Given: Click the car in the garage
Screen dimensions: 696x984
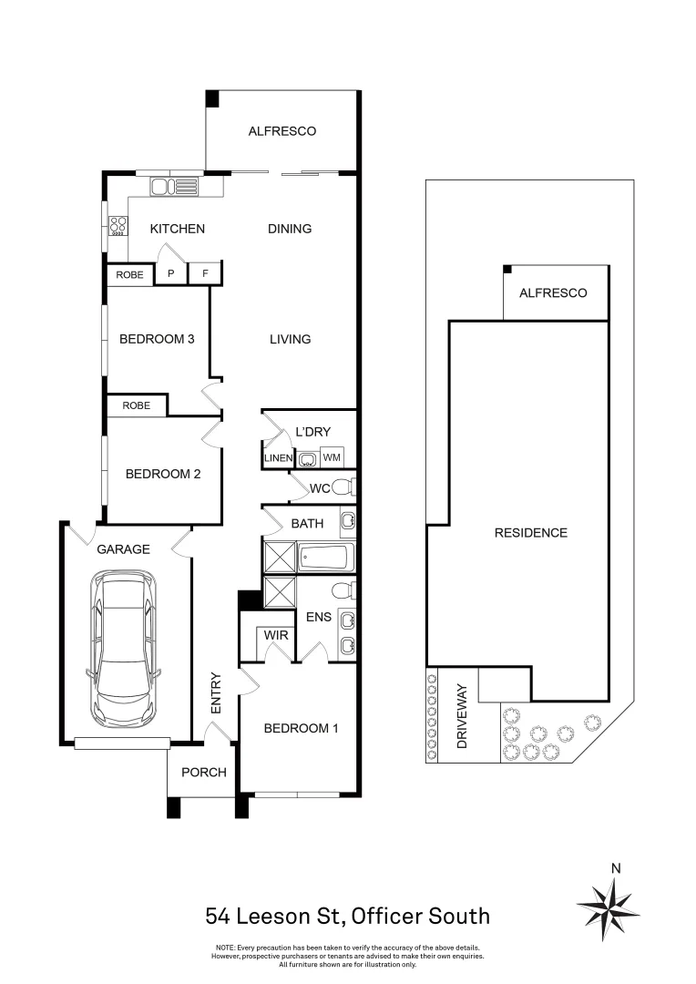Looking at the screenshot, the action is [123, 649].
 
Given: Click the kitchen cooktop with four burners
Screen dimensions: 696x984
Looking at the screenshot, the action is [118, 226].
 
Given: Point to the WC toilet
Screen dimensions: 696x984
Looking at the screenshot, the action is [344, 487].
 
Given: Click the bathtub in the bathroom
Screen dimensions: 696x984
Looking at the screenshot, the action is [326, 558].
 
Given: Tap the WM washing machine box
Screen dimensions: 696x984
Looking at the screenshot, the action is [332, 457].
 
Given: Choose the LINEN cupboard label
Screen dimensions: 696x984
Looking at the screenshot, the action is [278, 458].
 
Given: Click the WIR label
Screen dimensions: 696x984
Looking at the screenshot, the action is [276, 635].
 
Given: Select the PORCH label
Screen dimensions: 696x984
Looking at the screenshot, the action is [204, 773].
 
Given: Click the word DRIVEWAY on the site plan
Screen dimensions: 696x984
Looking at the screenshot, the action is [463, 716].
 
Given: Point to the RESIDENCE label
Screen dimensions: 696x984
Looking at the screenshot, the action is [531, 533].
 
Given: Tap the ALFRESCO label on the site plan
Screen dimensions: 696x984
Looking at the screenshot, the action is [554, 292].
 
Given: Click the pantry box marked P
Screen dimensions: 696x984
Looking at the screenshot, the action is [170, 274].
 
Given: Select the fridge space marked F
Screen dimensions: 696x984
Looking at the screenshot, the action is [205, 274].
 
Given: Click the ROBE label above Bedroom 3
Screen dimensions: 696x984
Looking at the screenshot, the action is [130, 275].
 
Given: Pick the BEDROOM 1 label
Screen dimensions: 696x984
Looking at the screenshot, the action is [302, 729].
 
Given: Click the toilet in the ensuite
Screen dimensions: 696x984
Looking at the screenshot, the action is [344, 590].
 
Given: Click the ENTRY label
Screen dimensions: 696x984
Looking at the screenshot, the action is [216, 692].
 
